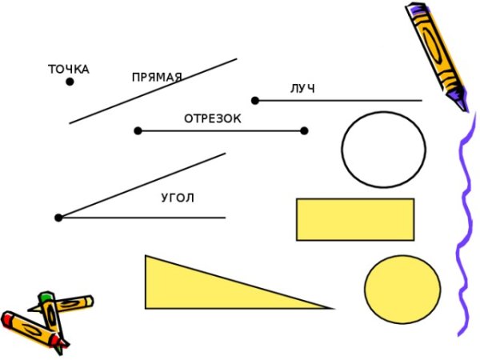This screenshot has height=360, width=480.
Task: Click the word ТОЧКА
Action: (69, 70)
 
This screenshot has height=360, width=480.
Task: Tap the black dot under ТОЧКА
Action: (70, 82)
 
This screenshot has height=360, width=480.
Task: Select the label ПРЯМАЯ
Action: (157, 78)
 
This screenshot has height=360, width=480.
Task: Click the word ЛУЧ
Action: (302, 88)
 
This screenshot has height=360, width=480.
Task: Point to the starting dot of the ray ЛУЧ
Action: (255, 101)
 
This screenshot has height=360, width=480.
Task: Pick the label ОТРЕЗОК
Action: (212, 118)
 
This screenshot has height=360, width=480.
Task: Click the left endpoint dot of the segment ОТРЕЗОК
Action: (138, 130)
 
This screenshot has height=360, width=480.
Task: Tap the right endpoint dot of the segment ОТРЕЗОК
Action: (304, 130)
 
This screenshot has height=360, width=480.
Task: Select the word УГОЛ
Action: (178, 198)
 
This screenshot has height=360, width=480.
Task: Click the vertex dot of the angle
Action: (58, 218)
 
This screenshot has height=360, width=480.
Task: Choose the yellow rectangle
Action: (354, 219)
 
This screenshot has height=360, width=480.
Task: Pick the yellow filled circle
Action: (402, 289)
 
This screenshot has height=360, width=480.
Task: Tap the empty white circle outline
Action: (383, 149)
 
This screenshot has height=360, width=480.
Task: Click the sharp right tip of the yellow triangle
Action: (331, 307)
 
